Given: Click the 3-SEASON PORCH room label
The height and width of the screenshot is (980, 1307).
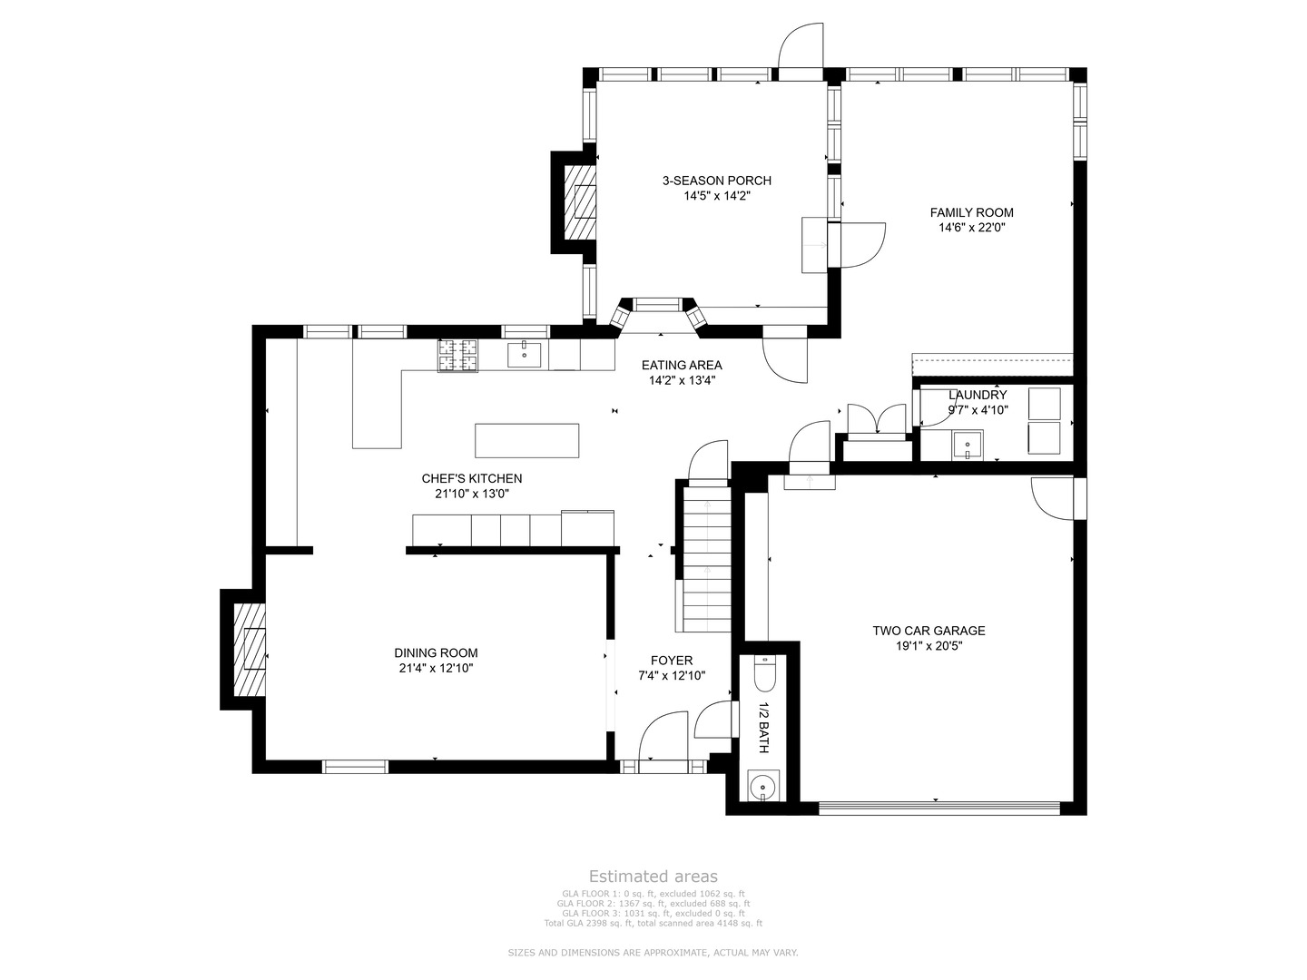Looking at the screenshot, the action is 716,181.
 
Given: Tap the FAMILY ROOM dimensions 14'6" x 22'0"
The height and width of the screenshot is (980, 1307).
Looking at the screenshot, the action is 972,227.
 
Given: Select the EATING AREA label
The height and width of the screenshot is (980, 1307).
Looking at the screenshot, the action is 682,366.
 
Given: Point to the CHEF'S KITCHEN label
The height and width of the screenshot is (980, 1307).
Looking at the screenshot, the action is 472,478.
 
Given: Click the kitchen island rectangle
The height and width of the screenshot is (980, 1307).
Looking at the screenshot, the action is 527,440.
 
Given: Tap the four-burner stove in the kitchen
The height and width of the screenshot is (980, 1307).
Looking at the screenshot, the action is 457,356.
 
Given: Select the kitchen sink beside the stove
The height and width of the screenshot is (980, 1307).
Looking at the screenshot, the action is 525,355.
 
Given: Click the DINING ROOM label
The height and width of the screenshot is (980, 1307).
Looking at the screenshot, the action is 436,652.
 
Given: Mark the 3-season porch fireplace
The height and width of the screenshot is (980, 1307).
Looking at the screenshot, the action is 579,203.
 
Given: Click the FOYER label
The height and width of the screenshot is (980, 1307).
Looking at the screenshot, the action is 672,661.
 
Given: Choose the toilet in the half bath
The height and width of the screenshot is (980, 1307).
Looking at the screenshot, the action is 764,673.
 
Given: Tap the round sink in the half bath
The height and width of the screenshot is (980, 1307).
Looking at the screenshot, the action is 762,786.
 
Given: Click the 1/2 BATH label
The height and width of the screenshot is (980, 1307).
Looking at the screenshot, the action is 764,728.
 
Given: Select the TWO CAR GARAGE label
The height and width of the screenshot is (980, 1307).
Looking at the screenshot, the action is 929,631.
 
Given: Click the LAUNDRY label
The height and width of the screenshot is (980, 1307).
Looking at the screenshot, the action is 978,395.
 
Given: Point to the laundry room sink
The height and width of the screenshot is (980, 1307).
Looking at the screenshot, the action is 968,445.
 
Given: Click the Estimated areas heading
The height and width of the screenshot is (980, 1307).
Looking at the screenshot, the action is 653,876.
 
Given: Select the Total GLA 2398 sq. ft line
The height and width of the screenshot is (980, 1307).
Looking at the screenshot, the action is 653,923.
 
